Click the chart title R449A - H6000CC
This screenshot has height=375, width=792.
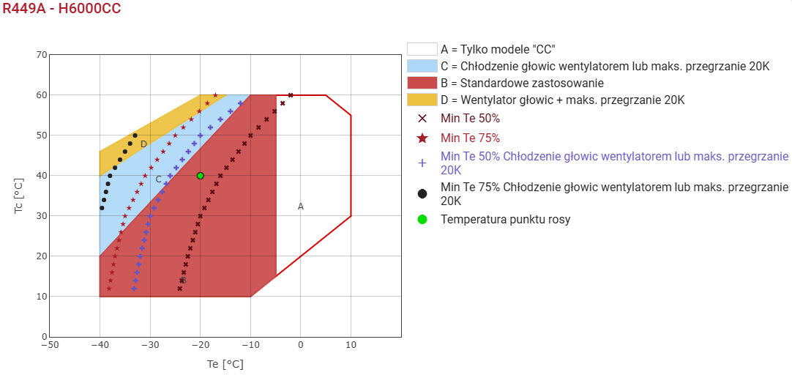point(61,9)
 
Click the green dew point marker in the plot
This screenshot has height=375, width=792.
point(200,176)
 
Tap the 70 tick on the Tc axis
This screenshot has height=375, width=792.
point(41,55)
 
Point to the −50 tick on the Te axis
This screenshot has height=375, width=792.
point(48,344)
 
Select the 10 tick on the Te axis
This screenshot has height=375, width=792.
point(351,344)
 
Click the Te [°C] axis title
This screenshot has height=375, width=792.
point(225,363)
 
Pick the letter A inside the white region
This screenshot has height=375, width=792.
point(300,207)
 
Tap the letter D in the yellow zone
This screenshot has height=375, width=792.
point(143,144)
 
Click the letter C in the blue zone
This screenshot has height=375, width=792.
point(158,179)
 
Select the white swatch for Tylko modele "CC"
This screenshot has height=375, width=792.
point(422,49)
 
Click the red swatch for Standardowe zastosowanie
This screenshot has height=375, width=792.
point(422,83)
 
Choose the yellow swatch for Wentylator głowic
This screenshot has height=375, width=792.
point(422,100)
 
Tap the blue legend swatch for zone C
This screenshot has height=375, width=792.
point(422,66)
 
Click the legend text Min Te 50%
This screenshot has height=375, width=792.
point(470,118)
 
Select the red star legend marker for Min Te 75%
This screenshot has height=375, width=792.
point(422,138)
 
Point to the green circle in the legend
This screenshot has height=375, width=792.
point(422,219)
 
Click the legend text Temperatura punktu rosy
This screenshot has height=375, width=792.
point(505,219)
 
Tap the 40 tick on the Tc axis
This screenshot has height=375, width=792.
point(41,176)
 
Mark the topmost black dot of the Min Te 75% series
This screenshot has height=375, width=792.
point(135,135)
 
